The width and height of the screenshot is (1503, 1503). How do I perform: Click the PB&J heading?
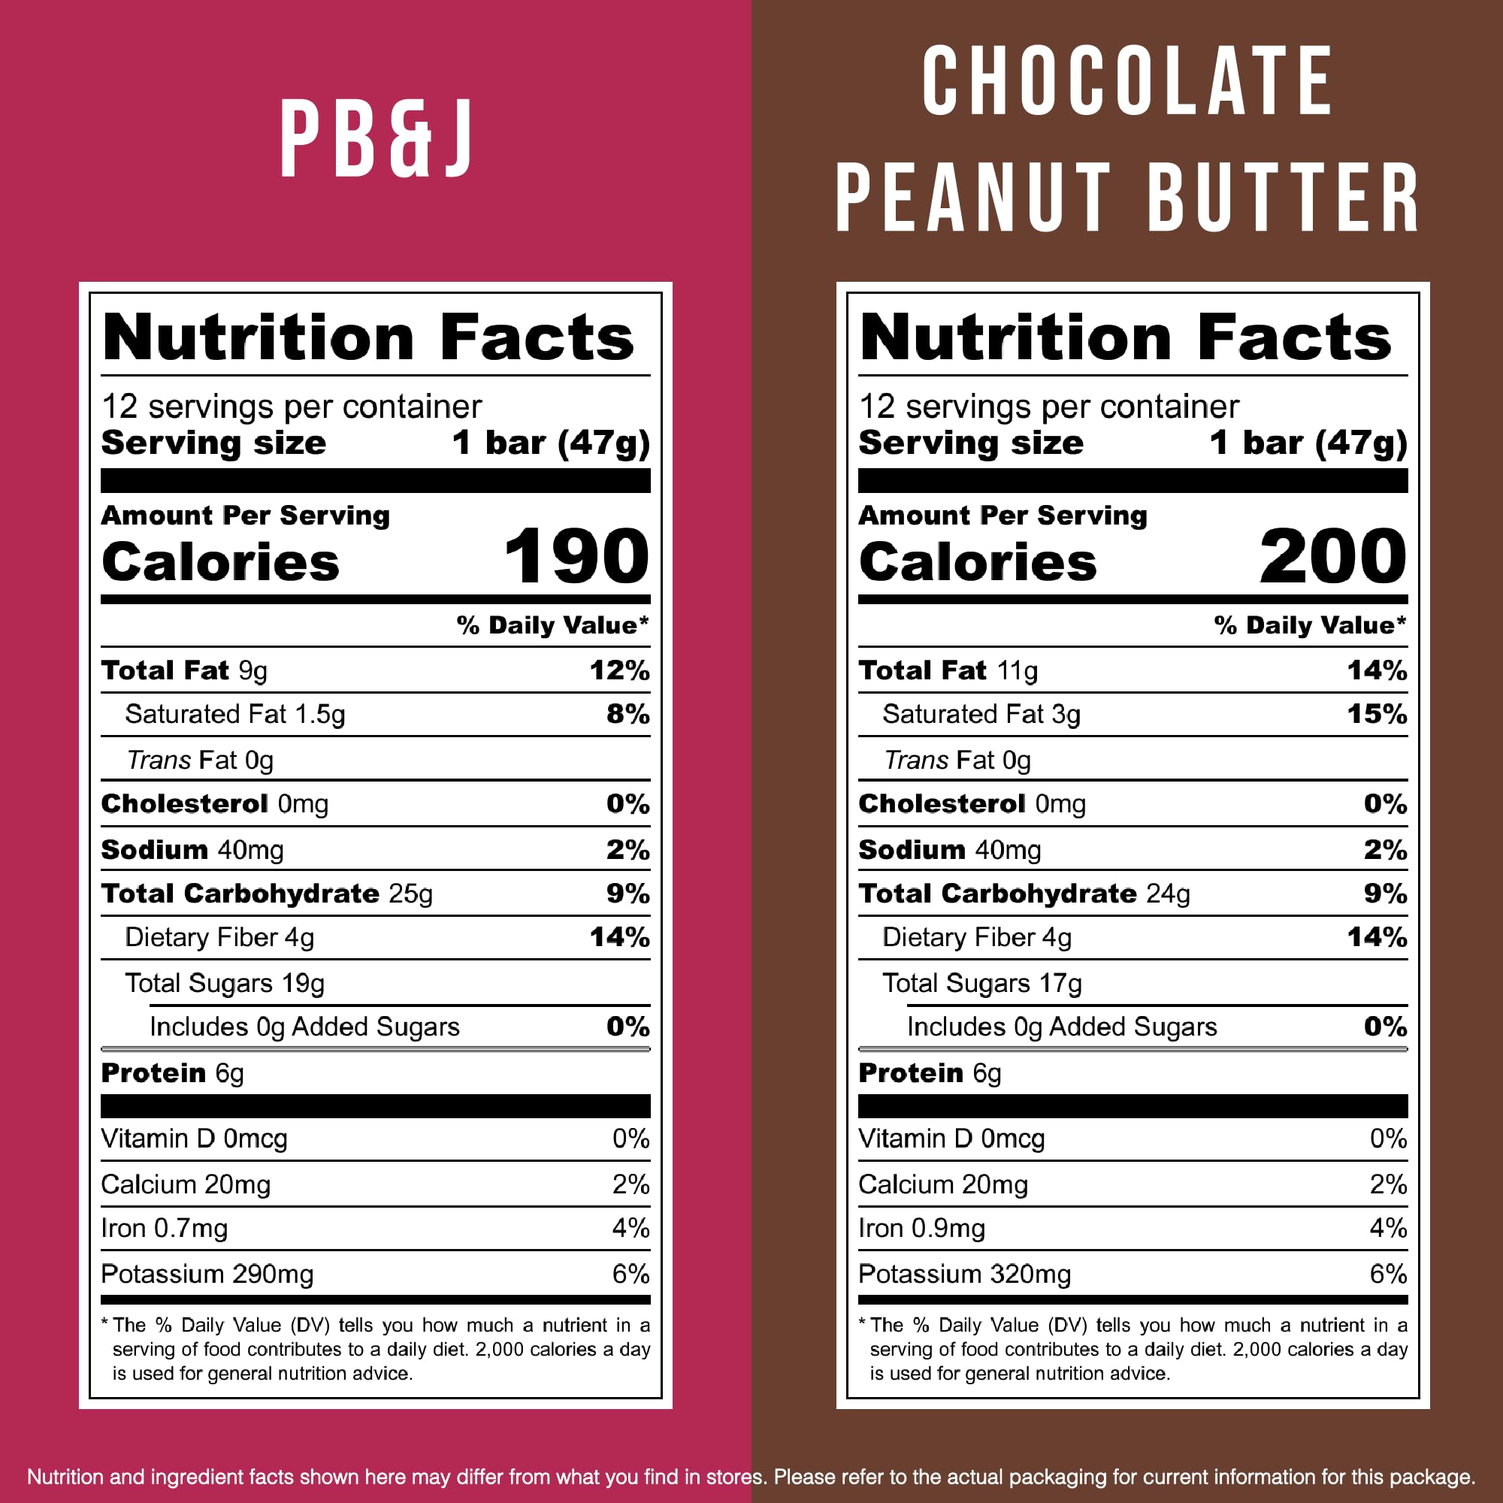(376, 138)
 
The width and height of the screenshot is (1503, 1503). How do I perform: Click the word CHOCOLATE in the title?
(1128, 81)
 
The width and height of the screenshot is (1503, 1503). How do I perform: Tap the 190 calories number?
(576, 556)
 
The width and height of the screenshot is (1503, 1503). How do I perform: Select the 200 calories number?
(1332, 556)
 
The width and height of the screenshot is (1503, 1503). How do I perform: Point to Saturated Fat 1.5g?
(235, 714)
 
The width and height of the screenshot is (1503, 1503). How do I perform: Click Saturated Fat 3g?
(981, 714)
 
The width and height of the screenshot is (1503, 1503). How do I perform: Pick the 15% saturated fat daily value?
(1377, 714)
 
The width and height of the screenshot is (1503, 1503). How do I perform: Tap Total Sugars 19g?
(224, 983)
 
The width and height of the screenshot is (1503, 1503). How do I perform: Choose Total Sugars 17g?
(981, 983)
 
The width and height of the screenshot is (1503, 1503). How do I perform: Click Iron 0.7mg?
(164, 1229)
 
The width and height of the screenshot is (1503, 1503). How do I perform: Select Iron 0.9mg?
(922, 1229)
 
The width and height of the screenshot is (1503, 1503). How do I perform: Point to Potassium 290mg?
(207, 1275)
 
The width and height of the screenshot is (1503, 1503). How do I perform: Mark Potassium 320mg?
(965, 1275)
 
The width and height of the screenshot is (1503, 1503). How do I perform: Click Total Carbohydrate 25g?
(267, 894)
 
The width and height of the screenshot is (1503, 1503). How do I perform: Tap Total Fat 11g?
(948, 670)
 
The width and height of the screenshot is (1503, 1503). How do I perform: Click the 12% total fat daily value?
(619, 670)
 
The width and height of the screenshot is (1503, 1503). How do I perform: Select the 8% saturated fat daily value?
(628, 714)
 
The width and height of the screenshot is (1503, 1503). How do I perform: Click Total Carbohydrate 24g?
(1024, 894)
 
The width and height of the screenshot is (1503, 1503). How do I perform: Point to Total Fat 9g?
(184, 670)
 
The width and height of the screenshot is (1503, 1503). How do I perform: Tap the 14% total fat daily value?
(1377, 670)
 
